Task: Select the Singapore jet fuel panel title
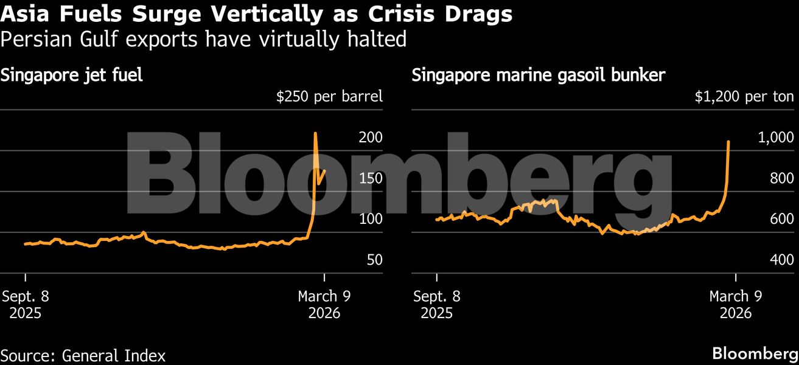[x=72, y=76]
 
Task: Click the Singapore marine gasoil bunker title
[x=539, y=76]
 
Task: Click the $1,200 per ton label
[x=744, y=96]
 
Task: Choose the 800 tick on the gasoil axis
[x=781, y=178]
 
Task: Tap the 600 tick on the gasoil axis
[x=781, y=219]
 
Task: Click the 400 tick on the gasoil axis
[x=781, y=260]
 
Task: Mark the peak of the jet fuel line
[x=315, y=133]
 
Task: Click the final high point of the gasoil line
[x=729, y=142]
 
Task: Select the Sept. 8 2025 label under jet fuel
[x=26, y=305]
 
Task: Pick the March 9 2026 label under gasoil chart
[x=735, y=305]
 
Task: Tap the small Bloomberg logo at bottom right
[x=755, y=353]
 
